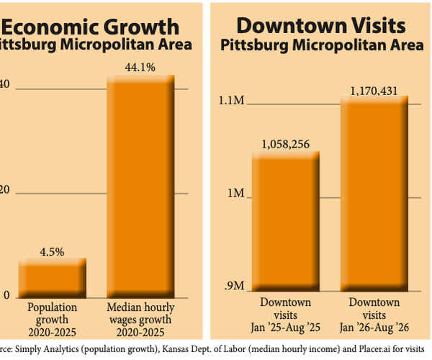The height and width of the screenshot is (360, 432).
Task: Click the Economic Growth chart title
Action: tap(90, 27)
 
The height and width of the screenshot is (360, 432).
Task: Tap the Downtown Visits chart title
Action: tap(321, 26)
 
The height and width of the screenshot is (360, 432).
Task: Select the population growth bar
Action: tap(53, 278)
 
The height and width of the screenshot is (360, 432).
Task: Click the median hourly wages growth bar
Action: tap(140, 186)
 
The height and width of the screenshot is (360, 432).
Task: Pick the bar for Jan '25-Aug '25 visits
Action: tap(286, 221)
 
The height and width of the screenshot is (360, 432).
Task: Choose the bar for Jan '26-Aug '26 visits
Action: tap(374, 194)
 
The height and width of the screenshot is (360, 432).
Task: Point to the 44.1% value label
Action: tap(140, 68)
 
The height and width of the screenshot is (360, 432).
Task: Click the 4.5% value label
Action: tap(52, 252)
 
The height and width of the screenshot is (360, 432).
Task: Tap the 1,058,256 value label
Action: tap(285, 144)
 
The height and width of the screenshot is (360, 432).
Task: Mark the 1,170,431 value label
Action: tap(374, 91)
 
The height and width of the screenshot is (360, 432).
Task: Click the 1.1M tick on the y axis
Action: tap(231, 101)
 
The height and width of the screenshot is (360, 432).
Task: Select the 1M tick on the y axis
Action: tap(236, 194)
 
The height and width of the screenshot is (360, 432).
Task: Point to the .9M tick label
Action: tap(234, 286)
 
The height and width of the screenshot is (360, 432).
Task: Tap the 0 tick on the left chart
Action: tap(6, 295)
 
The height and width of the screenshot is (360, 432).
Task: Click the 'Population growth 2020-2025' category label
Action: tap(52, 320)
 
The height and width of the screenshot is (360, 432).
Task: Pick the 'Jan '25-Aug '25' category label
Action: tap(286, 328)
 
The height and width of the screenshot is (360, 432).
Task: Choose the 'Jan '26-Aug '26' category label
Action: tap(374, 328)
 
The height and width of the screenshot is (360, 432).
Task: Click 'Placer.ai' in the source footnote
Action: tap(374, 349)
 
